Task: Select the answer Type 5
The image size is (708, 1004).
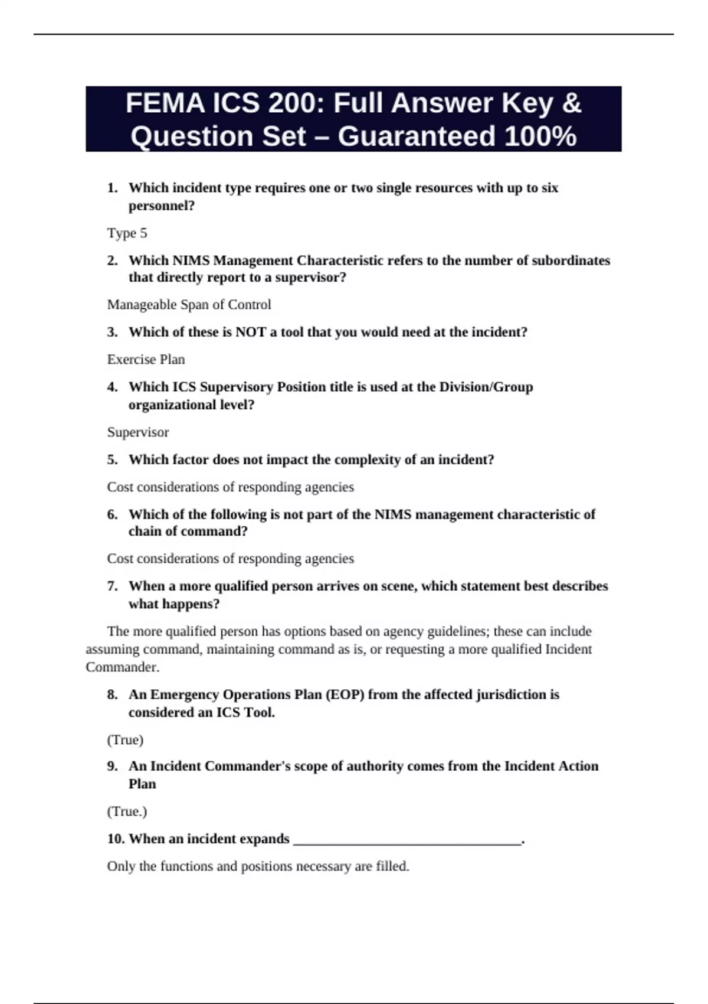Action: coord(127,233)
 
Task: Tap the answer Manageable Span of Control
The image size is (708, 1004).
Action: coord(189,305)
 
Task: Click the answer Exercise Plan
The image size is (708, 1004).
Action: coord(146,360)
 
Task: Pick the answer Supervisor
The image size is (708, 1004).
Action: coord(138,432)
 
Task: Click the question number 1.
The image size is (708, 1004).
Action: coord(112,188)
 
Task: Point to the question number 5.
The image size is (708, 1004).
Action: coord(112,459)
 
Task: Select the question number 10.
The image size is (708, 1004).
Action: coord(115,839)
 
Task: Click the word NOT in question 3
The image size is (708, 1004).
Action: coord(250,332)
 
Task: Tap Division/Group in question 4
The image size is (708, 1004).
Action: coord(486,387)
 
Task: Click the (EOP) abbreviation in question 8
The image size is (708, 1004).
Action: coord(345,695)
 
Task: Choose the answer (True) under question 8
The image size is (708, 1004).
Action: coord(125,740)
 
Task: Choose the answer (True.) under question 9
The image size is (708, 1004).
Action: coord(127,811)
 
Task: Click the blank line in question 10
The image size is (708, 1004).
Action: coord(407,840)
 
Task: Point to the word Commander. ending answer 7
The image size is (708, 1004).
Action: coord(123,667)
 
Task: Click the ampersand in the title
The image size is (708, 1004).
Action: coord(571,104)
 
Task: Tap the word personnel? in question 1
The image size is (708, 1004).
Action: coord(162,206)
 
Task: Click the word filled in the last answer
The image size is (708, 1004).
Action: coord(392,866)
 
